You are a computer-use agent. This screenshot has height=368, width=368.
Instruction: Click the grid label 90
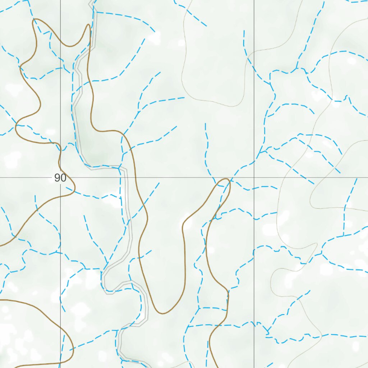click(60, 178)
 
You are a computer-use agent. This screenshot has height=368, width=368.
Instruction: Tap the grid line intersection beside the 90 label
click(60, 178)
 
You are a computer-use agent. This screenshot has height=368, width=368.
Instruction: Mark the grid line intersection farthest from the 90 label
click(254, 178)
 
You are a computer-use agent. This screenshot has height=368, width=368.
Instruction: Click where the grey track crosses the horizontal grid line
click(125, 178)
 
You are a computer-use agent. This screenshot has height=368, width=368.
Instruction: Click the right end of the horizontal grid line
click(367, 178)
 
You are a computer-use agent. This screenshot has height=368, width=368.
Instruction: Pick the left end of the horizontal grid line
click(0, 178)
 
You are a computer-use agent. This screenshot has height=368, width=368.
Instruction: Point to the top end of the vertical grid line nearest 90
click(60, 0)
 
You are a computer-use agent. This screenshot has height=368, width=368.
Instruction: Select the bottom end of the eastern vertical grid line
click(254, 367)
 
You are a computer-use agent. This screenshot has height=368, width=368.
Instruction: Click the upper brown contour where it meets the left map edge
click(1, 246)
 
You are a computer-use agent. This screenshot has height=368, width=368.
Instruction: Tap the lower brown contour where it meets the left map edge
click(1, 299)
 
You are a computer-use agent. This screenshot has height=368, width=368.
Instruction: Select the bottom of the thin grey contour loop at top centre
click(234, 106)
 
